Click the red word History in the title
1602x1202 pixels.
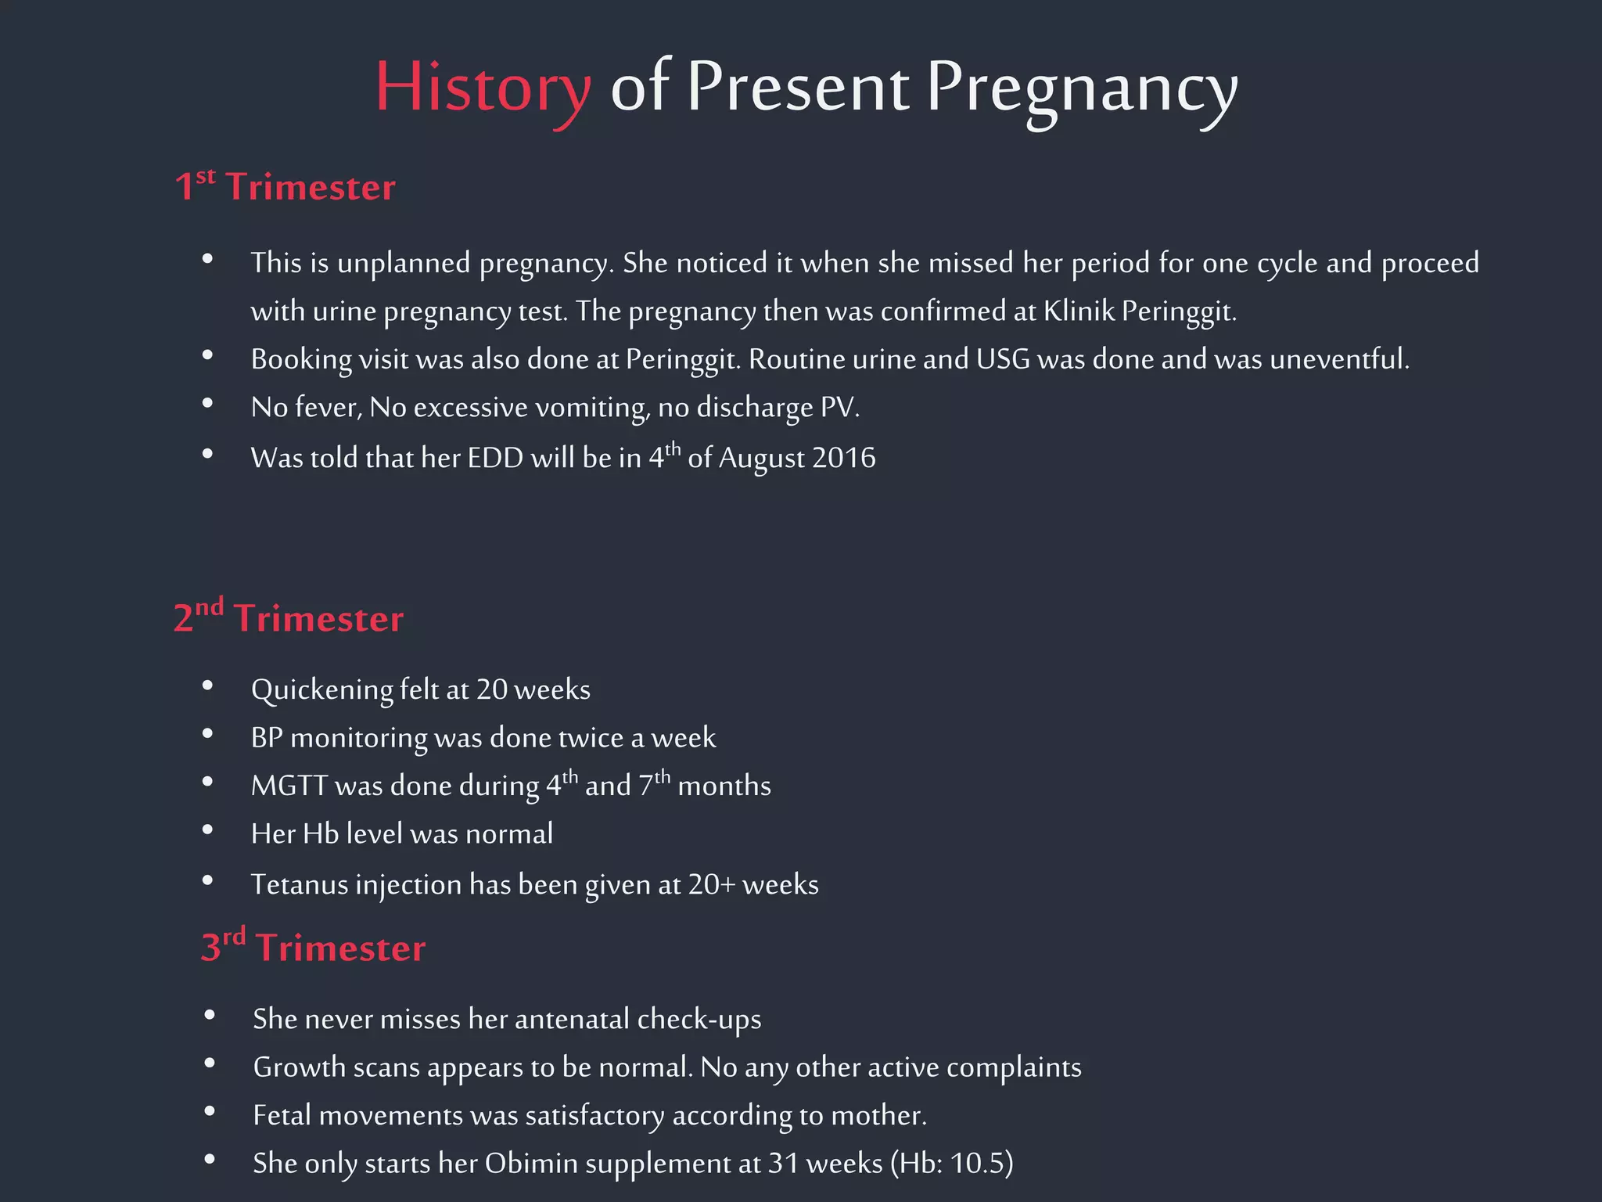click(x=483, y=88)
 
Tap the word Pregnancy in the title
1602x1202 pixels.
click(x=1081, y=88)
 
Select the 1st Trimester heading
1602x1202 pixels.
click(x=285, y=186)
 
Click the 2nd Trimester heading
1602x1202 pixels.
click(x=289, y=617)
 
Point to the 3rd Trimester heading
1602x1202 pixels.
click(x=313, y=947)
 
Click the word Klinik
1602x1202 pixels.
click(x=1079, y=311)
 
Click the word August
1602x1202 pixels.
click(x=761, y=459)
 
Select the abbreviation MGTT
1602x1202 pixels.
click(x=289, y=786)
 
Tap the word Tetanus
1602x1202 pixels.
click(x=299, y=884)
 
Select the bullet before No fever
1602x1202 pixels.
click(x=207, y=404)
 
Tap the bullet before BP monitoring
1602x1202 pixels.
click(x=207, y=734)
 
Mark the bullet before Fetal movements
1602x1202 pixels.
click(x=209, y=1111)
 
